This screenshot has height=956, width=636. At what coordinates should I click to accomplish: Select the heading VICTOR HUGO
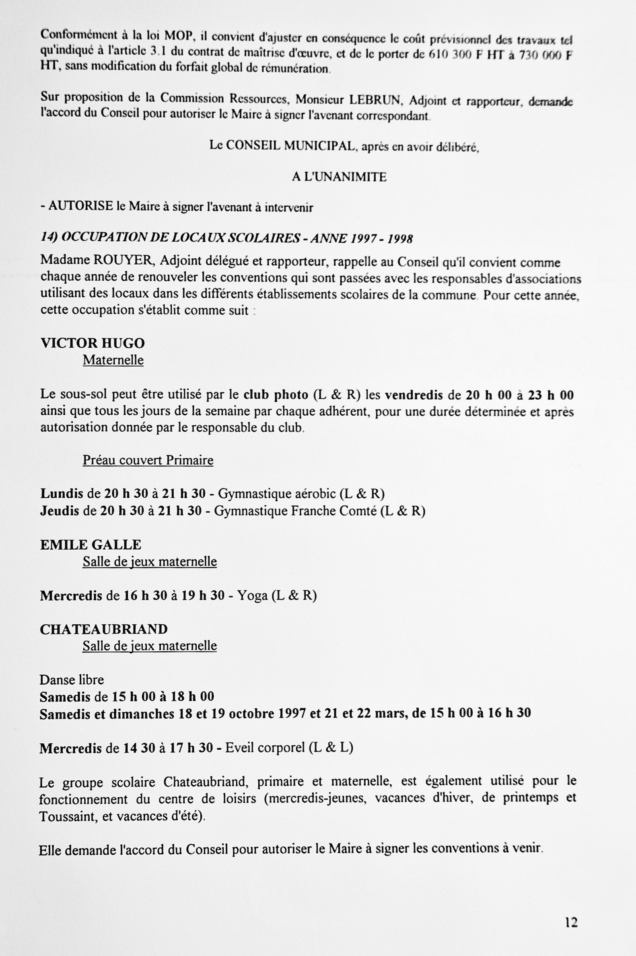[x=93, y=343]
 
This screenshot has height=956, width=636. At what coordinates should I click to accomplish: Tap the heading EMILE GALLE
[x=91, y=544]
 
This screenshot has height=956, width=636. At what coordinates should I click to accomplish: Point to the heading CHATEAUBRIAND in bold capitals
[x=104, y=629]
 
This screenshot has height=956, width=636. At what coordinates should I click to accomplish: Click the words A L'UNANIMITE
[x=339, y=177]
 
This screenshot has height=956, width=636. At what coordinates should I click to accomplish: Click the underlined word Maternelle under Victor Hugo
[x=113, y=360]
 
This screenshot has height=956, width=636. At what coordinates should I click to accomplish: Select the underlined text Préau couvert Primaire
[x=148, y=460]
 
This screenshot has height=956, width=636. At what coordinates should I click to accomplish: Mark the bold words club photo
[x=276, y=395]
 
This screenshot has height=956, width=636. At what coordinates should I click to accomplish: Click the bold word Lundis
[x=62, y=493]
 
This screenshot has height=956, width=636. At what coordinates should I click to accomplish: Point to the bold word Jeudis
[x=60, y=511]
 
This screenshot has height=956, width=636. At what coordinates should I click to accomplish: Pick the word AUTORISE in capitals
[x=81, y=206]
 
